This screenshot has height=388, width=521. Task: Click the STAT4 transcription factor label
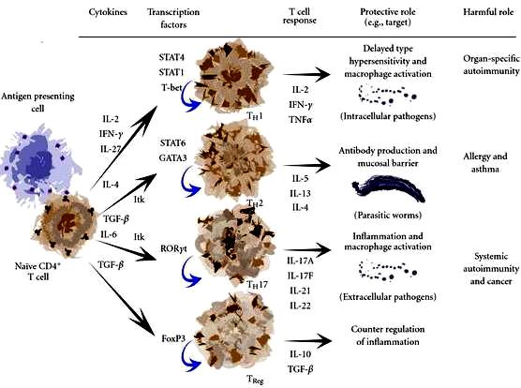171,57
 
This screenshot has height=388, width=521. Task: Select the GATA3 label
172,157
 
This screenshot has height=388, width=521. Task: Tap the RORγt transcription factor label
173,248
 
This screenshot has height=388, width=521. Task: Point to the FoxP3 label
173,339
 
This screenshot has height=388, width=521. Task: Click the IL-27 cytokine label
111,149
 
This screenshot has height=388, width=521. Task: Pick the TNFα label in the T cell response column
301,120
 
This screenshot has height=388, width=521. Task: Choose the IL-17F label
301,276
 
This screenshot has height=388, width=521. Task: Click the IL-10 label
301,354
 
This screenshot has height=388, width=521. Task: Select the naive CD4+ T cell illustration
64,227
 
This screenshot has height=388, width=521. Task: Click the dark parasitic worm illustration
389,188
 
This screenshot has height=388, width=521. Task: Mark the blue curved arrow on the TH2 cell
189,184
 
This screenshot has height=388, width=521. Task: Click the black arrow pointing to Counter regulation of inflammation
308,341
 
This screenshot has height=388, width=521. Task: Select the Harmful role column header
488,12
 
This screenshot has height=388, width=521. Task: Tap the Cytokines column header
108,12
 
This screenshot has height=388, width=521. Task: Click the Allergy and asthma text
485,163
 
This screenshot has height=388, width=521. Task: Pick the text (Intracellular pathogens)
388,116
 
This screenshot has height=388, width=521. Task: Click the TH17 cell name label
257,285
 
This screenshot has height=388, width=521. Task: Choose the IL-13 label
301,193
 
